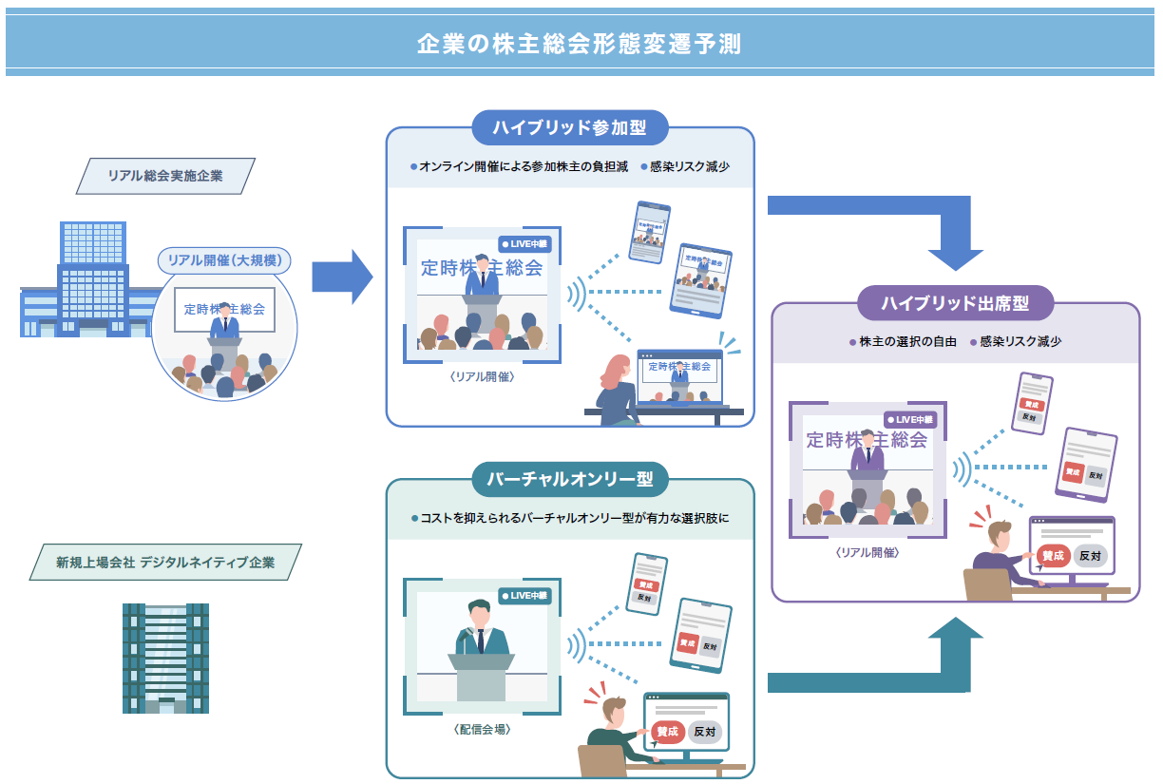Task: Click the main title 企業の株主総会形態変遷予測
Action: pyautogui.click(x=580, y=44)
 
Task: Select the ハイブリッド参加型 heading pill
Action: pyautogui.click(x=570, y=128)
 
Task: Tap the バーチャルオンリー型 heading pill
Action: pyautogui.click(x=570, y=479)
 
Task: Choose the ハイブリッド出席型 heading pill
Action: pyautogui.click(x=955, y=304)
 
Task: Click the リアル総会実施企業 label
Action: pyautogui.click(x=165, y=176)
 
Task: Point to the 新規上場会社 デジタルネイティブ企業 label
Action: pyautogui.click(x=165, y=562)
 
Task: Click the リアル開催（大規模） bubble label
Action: pyautogui.click(x=224, y=259)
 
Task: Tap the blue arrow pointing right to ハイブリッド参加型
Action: pyautogui.click(x=342, y=277)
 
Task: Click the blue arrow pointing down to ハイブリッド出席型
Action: pyautogui.click(x=954, y=233)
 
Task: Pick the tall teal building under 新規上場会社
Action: pyautogui.click(x=165, y=658)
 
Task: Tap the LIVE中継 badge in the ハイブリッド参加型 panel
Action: pyautogui.click(x=524, y=244)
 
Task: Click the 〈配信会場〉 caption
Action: pyautogui.click(x=482, y=730)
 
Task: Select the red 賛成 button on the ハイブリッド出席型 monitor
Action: pyautogui.click(x=1052, y=556)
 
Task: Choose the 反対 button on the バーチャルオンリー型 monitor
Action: pyautogui.click(x=704, y=732)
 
